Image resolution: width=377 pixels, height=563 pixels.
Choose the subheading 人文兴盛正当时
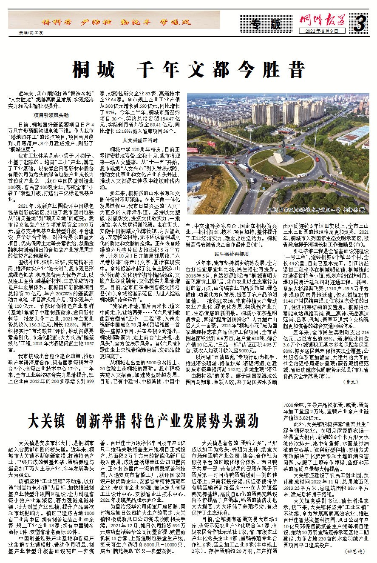(x=139, y=140)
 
